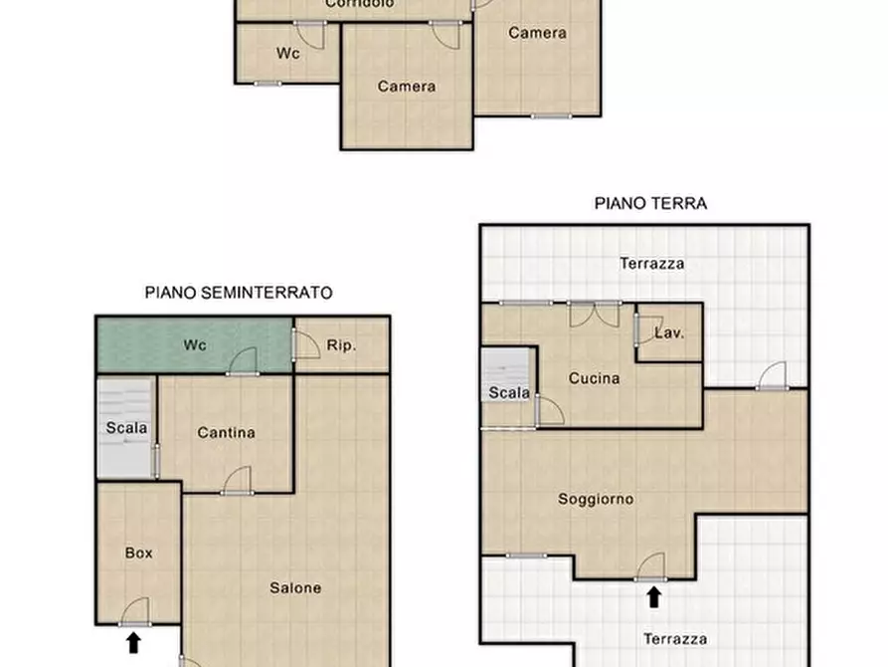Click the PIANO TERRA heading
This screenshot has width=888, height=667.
[650, 203]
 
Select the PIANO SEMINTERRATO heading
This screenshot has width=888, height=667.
[239, 293]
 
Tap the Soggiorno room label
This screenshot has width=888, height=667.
[596, 499]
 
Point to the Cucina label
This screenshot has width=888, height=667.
[595, 378]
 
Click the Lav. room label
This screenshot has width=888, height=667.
[669, 333]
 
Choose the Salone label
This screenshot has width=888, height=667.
[295, 587]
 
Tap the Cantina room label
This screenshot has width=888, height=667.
[226, 432]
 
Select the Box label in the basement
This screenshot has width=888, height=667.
[139, 553]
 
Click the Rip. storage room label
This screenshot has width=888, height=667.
[341, 345]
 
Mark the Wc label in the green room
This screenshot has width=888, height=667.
[195, 345]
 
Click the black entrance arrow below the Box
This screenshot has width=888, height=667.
[134, 642]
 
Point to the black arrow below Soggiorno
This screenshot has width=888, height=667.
[653, 596]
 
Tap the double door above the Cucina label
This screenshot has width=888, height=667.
[594, 314]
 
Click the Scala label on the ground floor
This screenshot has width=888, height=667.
[509, 392]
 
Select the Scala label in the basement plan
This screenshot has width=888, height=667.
[126, 428]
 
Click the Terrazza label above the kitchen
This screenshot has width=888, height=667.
[651, 264]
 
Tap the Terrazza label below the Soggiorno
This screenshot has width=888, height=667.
[675, 638]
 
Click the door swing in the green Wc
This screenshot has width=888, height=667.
[244, 360]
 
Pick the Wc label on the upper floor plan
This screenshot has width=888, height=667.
[288, 54]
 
